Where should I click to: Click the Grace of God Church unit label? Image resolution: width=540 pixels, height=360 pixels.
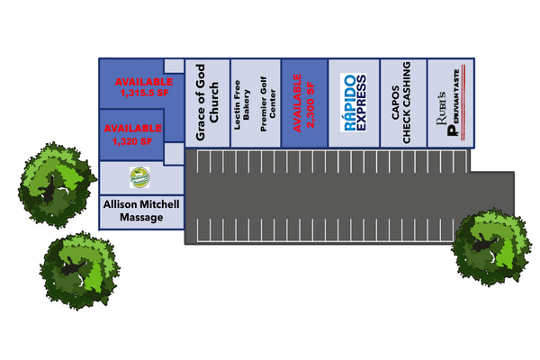click(207, 103)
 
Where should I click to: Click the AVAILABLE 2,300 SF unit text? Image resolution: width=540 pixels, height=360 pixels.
click(304, 102)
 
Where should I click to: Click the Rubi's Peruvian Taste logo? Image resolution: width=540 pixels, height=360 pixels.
click(453, 103)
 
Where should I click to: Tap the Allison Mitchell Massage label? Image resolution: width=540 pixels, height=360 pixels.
click(140, 211)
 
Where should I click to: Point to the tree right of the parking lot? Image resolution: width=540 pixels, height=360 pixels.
click(490, 247)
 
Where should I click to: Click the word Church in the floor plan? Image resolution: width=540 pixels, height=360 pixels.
click(214, 103)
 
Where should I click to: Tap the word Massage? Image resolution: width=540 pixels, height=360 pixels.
click(140, 219)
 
